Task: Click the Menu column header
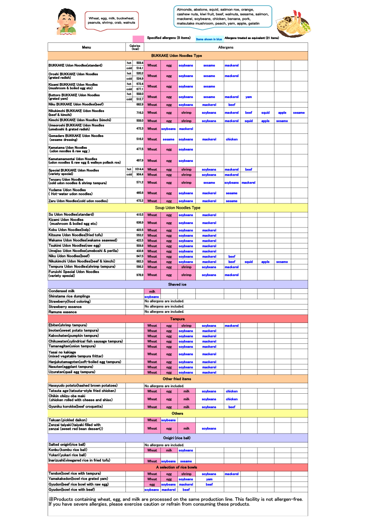pyautogui.click(x=87, y=47)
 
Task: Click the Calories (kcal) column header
pyautogui.click(x=135, y=47)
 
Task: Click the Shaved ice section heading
pyautogui.click(x=177, y=284)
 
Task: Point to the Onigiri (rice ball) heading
pyautogui.click(x=177, y=438)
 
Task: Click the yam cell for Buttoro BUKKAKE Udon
pyautogui.click(x=248, y=97)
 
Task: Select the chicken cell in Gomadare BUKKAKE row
pyautogui.click(x=232, y=140)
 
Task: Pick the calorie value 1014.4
pyautogui.click(x=139, y=169)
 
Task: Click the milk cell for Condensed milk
pyautogui.click(x=152, y=291)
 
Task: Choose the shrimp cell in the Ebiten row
pyautogui.click(x=186, y=326)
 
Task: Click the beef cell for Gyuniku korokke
pyautogui.click(x=232, y=407)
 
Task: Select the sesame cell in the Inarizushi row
pyautogui.click(x=186, y=461)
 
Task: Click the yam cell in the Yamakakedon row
pyautogui.click(x=209, y=479)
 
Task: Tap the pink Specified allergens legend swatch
pyautogui.click(x=138, y=38)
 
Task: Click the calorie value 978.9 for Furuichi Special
pyautogui.click(x=139, y=275)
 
